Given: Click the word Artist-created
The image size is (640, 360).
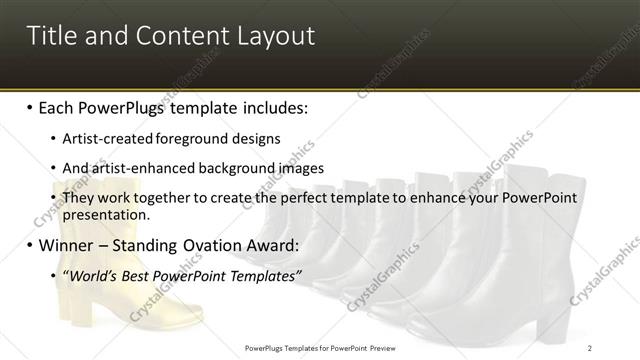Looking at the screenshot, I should point(103,139).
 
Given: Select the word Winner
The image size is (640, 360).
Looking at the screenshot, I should point(66,245).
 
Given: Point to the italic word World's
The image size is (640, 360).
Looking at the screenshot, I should point(91,276).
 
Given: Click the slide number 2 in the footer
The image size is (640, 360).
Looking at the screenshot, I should point(590,347).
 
